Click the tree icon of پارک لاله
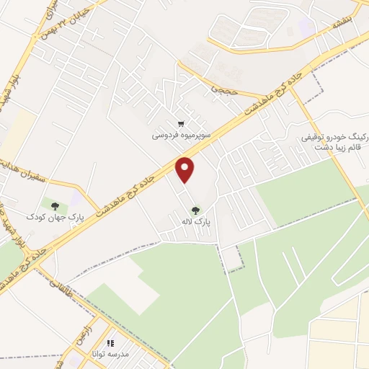click(x=195, y=211)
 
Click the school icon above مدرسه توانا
click(x=110, y=344)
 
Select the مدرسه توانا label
click(x=108, y=355)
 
